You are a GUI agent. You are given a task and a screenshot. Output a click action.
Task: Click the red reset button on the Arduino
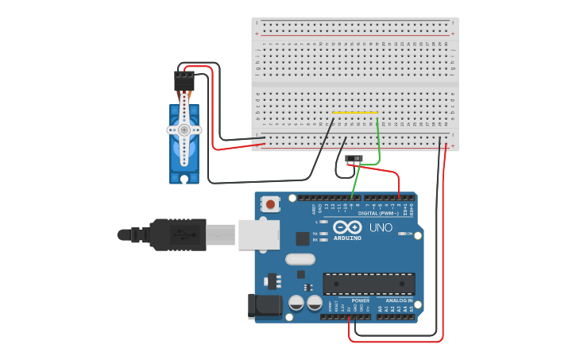point(272,205)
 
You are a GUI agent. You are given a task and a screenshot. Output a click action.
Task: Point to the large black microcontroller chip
point(369,284)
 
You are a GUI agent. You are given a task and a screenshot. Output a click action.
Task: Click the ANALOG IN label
point(399,301)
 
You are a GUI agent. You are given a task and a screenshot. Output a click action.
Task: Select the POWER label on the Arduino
point(360,301)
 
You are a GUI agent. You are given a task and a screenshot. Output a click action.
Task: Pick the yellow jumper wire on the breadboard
point(355,114)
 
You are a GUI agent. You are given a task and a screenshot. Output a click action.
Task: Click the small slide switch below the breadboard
point(355,160)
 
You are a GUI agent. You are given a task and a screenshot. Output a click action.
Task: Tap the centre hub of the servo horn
point(184,129)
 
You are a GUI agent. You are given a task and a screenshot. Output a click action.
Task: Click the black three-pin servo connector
point(184,80)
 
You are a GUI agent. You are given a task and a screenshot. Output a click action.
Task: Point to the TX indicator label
point(315,233)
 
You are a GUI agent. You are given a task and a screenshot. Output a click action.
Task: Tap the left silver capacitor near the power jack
point(296,303)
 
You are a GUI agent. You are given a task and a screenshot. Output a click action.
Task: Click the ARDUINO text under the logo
point(348,238)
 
